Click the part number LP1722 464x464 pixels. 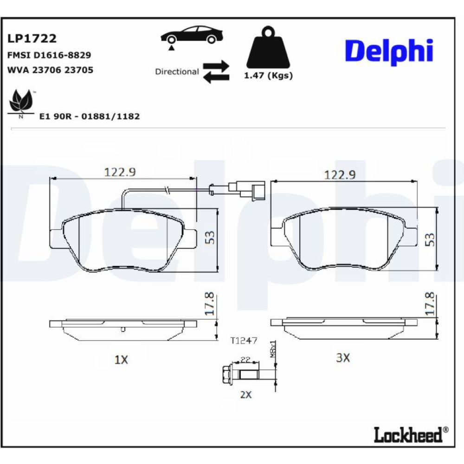(x=32, y=39)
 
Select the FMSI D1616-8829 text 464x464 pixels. (x=49, y=55)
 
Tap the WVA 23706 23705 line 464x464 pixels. (x=50, y=70)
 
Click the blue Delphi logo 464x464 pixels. (x=389, y=52)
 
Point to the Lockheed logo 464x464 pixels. (x=411, y=434)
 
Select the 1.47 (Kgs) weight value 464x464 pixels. (x=268, y=76)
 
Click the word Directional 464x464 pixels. (x=177, y=71)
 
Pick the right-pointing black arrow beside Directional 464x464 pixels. (x=216, y=65)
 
